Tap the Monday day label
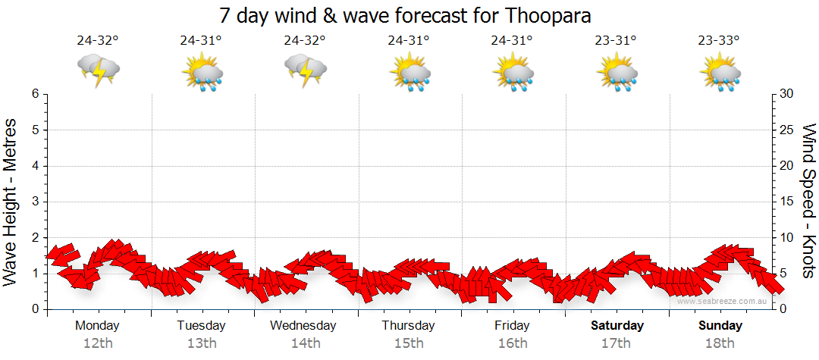97,325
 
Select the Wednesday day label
303,325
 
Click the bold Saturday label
617,325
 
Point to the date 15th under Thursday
409,343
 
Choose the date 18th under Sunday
720,343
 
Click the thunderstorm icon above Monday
99,70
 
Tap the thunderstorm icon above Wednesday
306,70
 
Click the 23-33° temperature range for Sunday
720,41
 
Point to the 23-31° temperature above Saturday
617,41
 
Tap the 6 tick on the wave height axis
35,94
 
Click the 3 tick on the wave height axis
35,202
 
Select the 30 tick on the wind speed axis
786,94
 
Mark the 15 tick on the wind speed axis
786,202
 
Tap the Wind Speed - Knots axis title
808,201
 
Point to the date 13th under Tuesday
201,343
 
